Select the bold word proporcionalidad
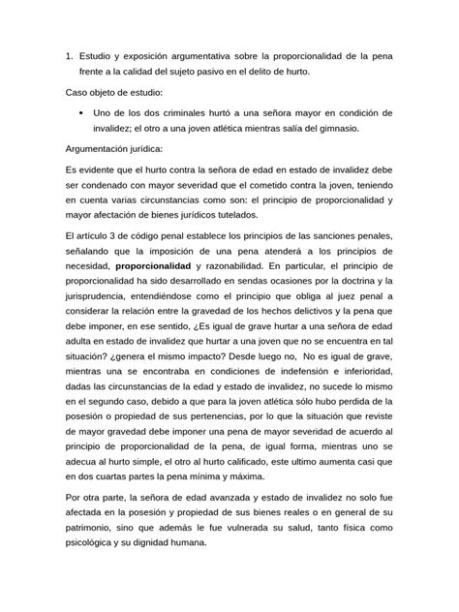154,265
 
